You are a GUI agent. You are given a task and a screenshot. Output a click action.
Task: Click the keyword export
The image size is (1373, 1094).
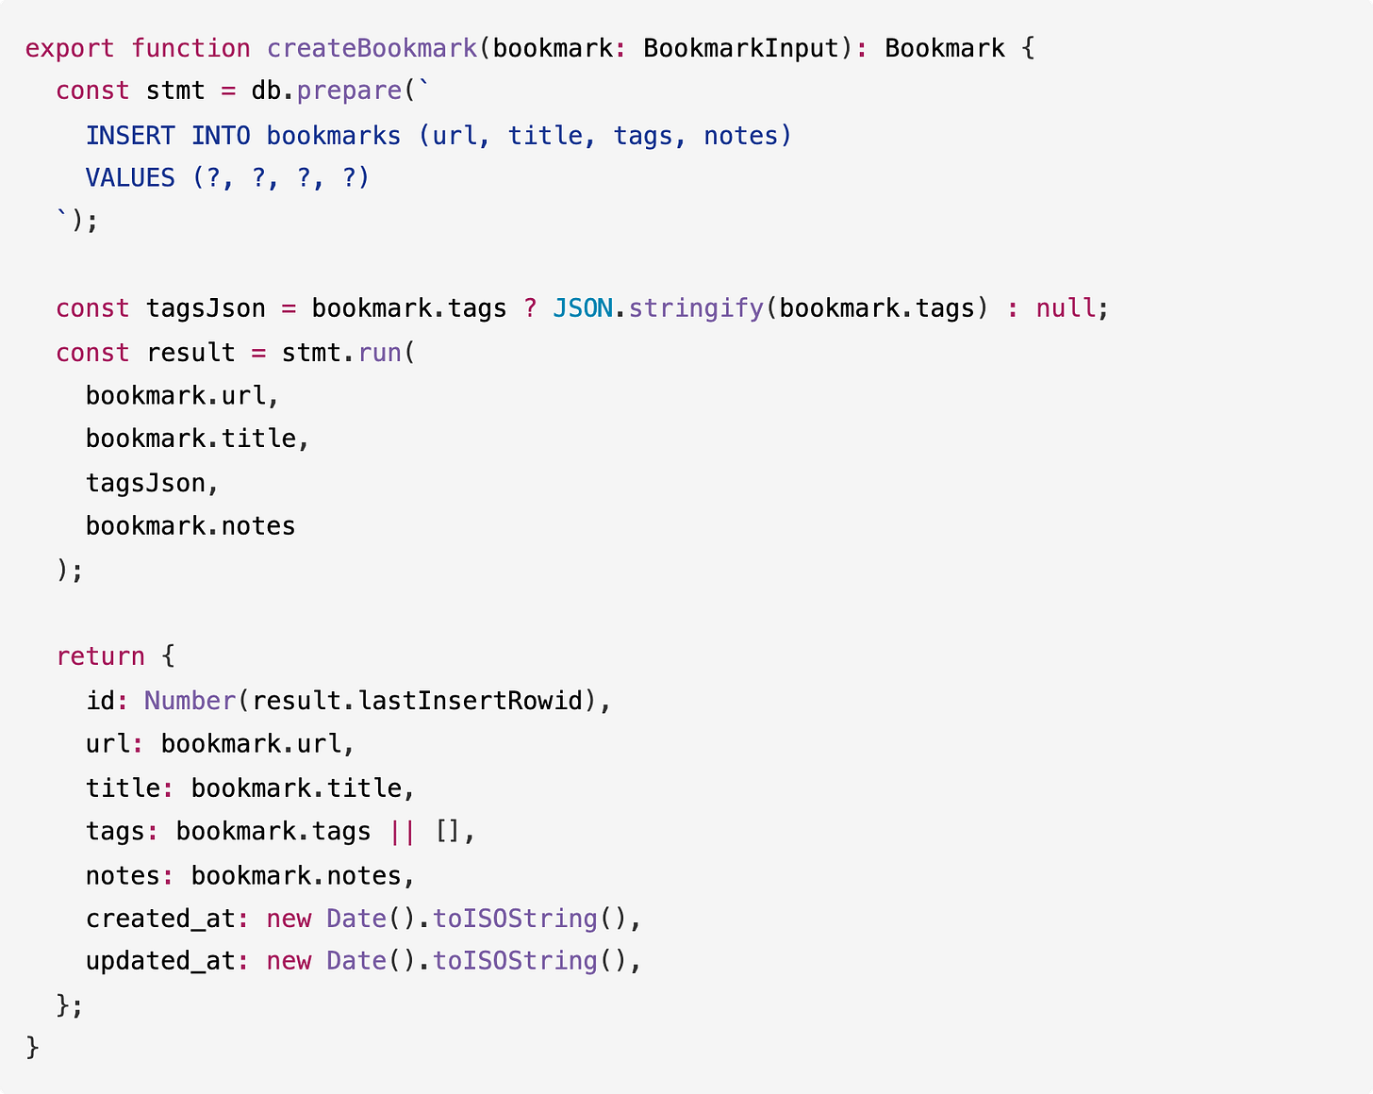click(70, 48)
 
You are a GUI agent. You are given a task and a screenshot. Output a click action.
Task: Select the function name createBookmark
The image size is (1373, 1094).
click(372, 48)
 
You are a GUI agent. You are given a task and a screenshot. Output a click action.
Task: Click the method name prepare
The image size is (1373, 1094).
click(349, 91)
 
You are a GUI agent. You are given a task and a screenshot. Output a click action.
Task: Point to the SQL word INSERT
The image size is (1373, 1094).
click(130, 136)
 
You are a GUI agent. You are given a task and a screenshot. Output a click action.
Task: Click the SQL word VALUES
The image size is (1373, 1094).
click(130, 178)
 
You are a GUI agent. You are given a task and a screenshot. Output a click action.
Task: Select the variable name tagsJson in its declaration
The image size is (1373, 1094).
click(206, 309)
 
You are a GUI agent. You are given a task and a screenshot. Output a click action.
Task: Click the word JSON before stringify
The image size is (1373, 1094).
click(583, 309)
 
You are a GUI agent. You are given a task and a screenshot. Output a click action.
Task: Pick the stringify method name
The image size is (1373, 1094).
click(696, 309)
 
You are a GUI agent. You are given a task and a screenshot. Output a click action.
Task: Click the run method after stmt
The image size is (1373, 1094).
click(380, 353)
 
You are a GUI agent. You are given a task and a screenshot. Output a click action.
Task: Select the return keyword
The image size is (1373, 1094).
click(100, 656)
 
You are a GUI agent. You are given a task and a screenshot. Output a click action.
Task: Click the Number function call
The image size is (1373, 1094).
click(190, 701)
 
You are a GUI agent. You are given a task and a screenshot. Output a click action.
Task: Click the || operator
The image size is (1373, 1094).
click(403, 832)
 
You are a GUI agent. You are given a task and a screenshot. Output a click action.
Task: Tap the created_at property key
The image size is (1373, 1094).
click(160, 919)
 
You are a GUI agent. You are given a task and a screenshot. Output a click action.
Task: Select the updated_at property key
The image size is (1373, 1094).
click(160, 961)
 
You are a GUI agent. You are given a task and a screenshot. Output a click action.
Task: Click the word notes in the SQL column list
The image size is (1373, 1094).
click(741, 136)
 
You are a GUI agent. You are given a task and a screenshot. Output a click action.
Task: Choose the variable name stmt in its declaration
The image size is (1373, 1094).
click(175, 91)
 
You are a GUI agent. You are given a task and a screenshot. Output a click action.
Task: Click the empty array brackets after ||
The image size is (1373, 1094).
click(448, 832)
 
